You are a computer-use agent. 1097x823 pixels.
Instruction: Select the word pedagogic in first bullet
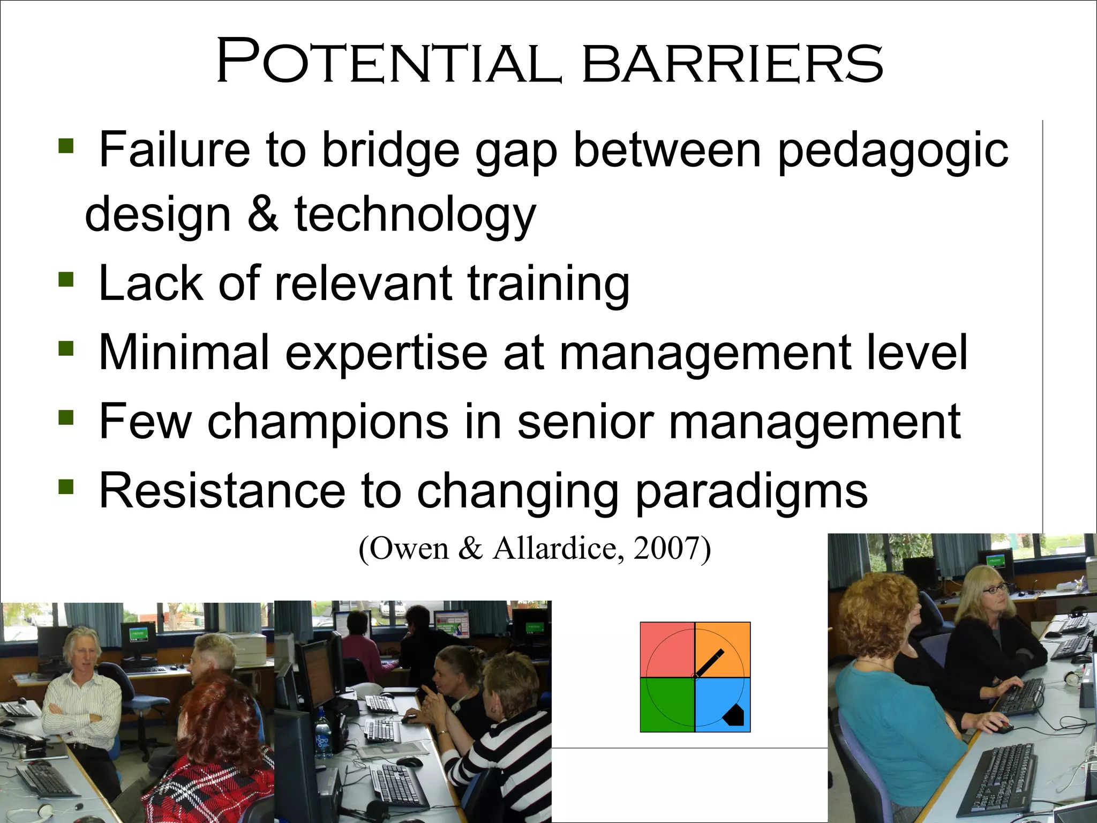click(x=893, y=152)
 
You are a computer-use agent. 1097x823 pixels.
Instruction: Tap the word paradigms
click(x=751, y=491)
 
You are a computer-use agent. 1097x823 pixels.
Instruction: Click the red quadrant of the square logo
click(x=667, y=649)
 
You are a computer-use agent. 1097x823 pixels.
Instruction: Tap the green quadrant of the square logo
click(x=667, y=705)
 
